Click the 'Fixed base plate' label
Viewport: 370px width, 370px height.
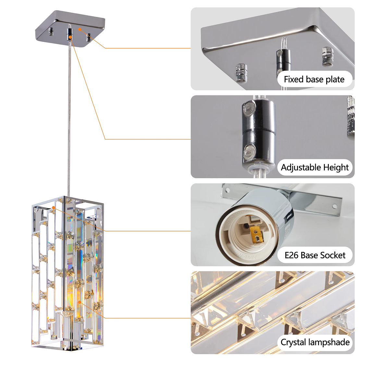pos(314,80)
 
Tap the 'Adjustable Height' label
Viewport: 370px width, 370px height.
pos(315,167)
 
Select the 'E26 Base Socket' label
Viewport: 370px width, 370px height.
pos(315,255)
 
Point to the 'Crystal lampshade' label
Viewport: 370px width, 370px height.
pos(315,342)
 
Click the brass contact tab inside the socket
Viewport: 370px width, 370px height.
pos(257,235)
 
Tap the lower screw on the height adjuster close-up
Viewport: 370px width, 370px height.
pos(250,152)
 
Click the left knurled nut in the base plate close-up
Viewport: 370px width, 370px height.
pos(241,71)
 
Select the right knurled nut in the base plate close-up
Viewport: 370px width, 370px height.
pos(328,56)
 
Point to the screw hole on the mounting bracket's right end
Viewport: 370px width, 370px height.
pos(335,205)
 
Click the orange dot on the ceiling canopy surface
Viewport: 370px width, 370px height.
pos(80,29)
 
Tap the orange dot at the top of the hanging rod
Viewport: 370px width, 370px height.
pos(70,38)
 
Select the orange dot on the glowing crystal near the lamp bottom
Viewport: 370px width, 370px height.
pos(80,302)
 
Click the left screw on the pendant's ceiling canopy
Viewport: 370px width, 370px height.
pos(51,32)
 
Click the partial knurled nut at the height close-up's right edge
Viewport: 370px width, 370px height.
pos(351,115)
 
